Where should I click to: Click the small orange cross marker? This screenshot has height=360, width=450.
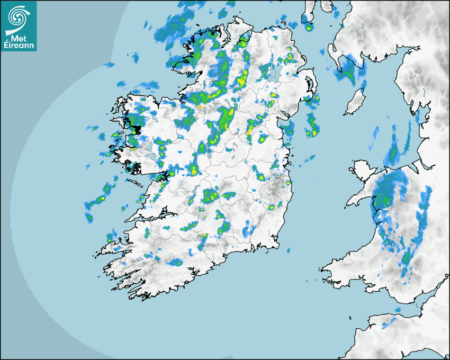(x=200, y=107)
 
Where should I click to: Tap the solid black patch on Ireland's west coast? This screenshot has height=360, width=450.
(x=137, y=129)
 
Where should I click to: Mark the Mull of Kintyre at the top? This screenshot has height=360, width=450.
(x=309, y=16)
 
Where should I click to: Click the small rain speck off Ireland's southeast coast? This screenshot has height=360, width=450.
(x=287, y=249)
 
